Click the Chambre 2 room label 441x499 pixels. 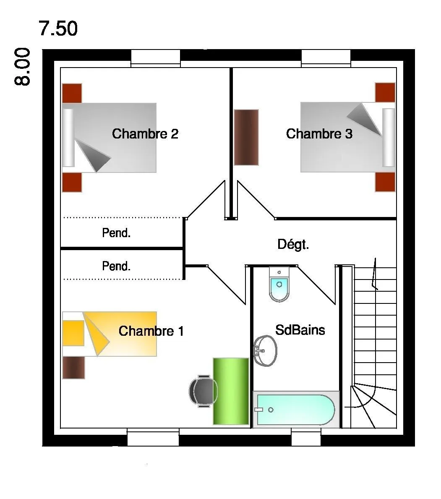pyautogui.click(x=145, y=134)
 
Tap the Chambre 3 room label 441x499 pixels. pyautogui.click(x=319, y=134)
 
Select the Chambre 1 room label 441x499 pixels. pyautogui.click(x=151, y=331)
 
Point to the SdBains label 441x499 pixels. pyautogui.click(x=300, y=330)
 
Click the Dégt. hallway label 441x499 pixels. pyautogui.click(x=293, y=245)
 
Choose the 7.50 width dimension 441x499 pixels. pyautogui.click(x=58, y=28)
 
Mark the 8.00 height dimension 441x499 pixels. pyautogui.click(x=22, y=66)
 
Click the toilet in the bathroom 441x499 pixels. pyautogui.click(x=279, y=284)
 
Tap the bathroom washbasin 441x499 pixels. pyautogui.click(x=265, y=351)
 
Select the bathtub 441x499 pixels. pyautogui.click(x=296, y=410)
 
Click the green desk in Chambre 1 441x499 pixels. pyautogui.click(x=231, y=391)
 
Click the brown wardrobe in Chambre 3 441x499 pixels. pyautogui.click(x=246, y=138)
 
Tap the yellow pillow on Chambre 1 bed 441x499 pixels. pyautogui.click(x=73, y=333)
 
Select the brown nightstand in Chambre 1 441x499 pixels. pyautogui.click(x=73, y=368)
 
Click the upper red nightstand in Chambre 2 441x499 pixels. pyautogui.click(x=72, y=93)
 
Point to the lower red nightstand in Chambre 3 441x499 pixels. pyautogui.click(x=385, y=182)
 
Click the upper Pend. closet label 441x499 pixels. pyautogui.click(x=116, y=233)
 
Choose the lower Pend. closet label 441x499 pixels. pyautogui.click(x=116, y=266)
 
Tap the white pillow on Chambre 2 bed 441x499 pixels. pyautogui.click(x=68, y=138)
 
